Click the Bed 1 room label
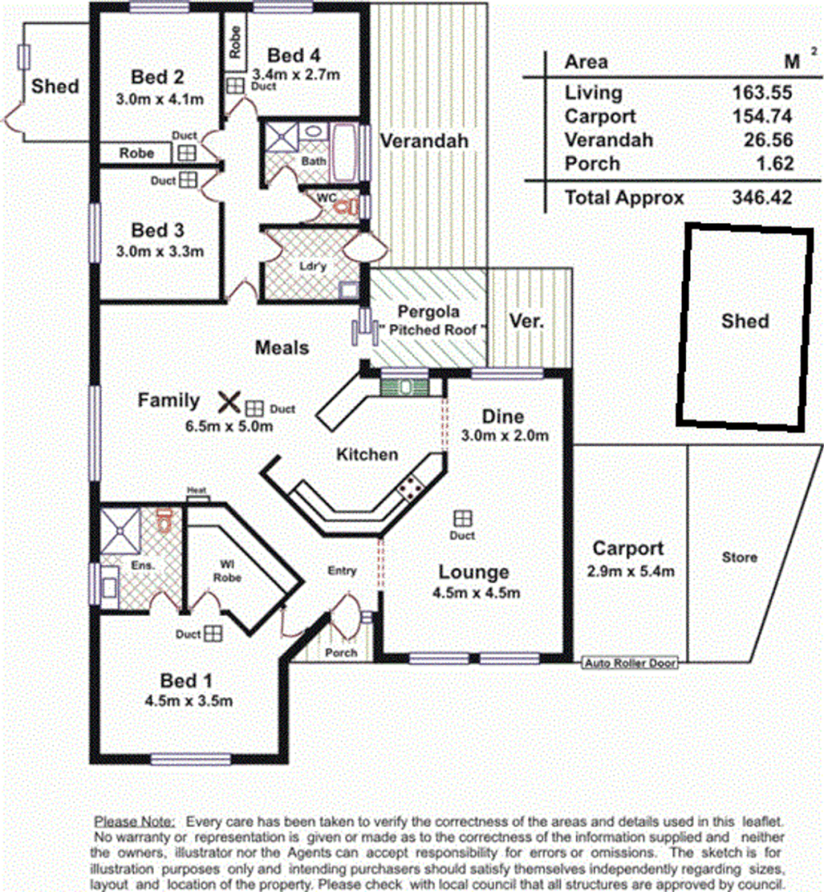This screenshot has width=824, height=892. coord(185,681)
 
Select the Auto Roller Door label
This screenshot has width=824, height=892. coord(630,663)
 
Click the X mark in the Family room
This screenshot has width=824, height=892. coord(229,402)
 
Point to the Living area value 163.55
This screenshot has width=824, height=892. coord(762,93)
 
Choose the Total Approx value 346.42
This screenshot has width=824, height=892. coord(762,198)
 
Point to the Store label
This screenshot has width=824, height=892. coord(739,557)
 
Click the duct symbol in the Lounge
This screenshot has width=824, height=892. coord(462,518)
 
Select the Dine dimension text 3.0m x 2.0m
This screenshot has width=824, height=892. coord(504,435)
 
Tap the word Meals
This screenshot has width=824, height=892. coord(282,348)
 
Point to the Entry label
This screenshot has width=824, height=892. coord(342,571)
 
